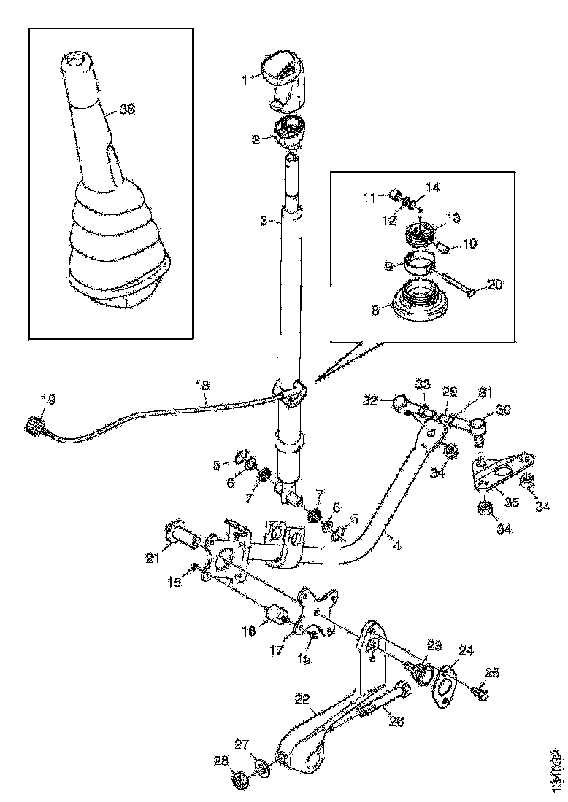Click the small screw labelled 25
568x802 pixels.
[x=480, y=690]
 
